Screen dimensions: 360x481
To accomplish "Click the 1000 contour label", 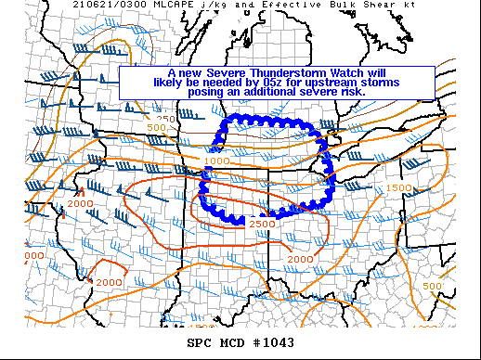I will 216,161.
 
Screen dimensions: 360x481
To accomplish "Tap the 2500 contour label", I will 260,225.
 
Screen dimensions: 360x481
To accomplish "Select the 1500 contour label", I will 398,188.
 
